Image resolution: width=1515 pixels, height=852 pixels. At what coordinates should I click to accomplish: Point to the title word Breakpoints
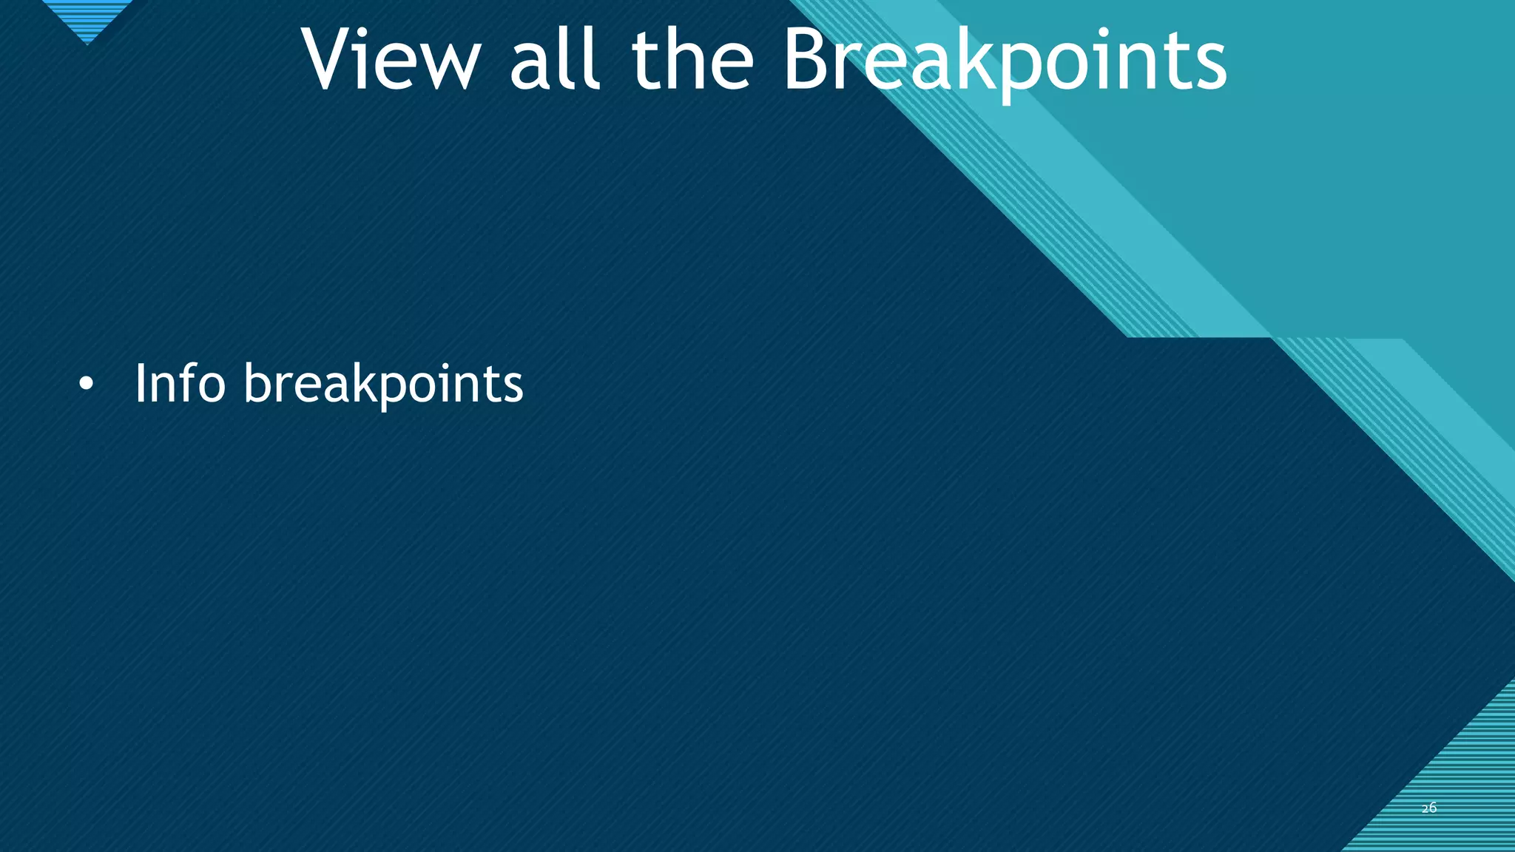coord(1005,61)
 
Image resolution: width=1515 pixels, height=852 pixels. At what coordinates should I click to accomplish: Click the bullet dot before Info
coord(87,385)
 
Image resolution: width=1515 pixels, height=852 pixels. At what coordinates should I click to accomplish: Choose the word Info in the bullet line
coord(180,383)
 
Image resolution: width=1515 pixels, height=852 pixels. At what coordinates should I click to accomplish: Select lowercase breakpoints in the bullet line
coord(383,385)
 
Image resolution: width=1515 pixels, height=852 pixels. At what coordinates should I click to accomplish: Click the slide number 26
coord(1429,808)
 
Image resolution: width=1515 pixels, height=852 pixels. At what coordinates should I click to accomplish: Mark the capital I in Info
coord(140,383)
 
